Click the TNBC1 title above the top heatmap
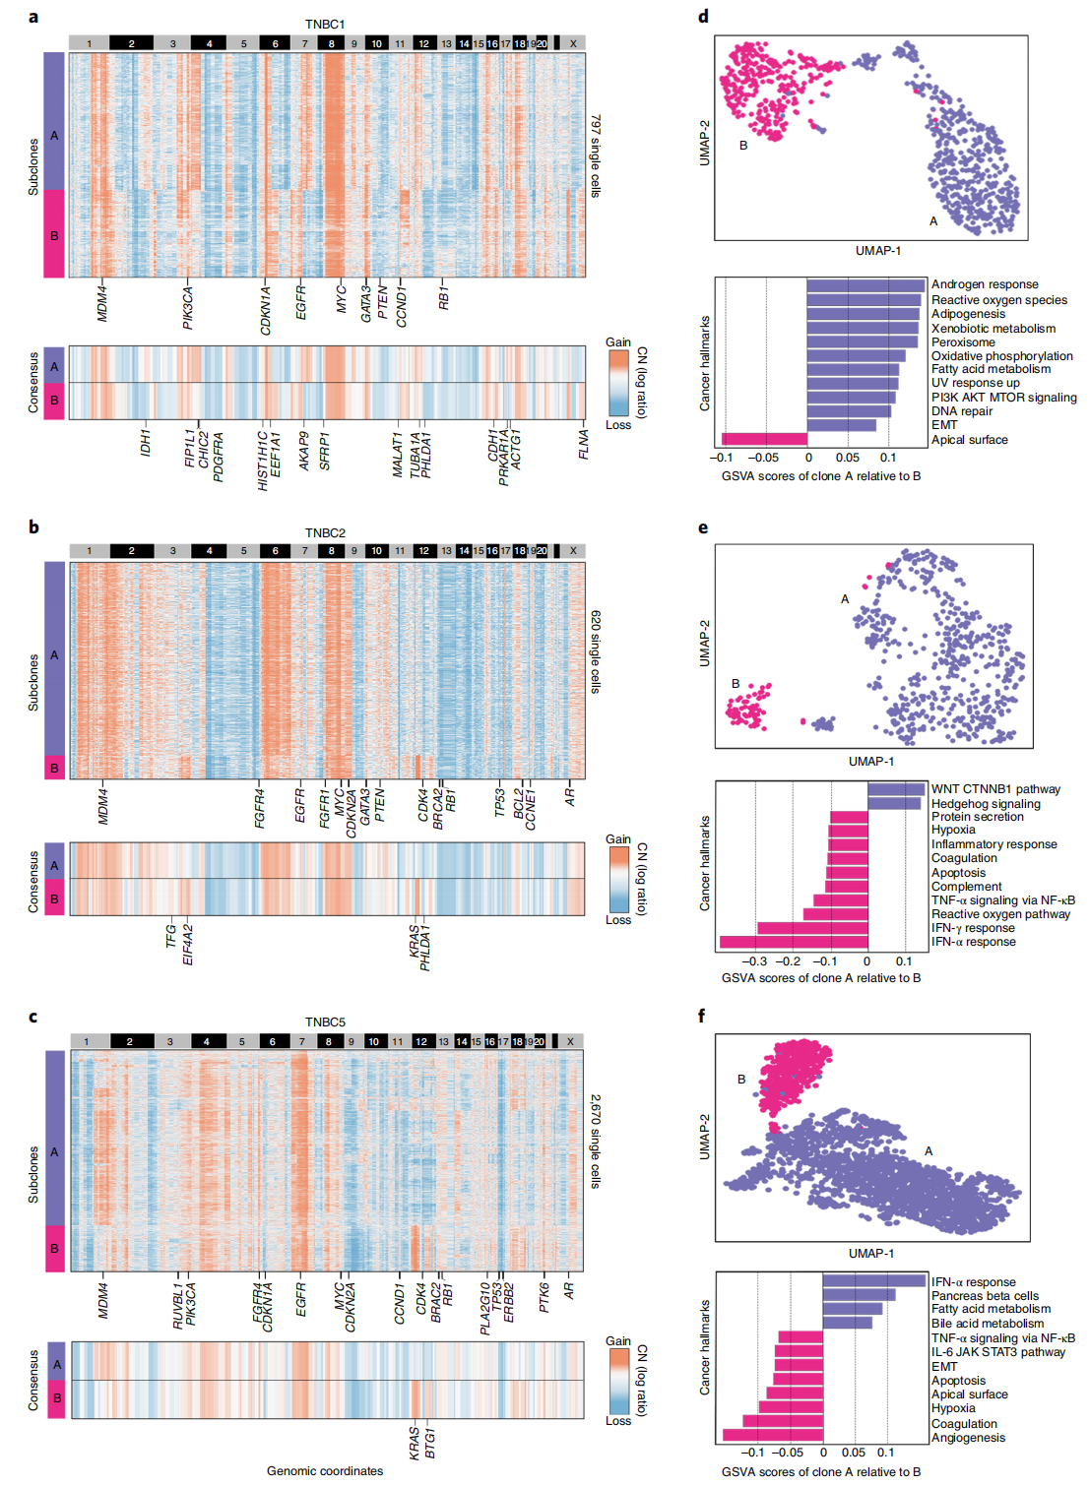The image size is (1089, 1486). point(325,24)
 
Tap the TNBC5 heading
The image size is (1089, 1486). point(325,1022)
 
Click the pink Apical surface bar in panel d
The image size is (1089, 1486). point(764,439)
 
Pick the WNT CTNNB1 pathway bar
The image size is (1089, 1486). point(896,789)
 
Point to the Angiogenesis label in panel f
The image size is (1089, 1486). point(968,1438)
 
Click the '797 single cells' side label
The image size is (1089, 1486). point(596,155)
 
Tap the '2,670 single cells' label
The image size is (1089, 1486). point(596,1141)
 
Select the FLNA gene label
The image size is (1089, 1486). point(584,444)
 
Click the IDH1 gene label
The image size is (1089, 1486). point(146,442)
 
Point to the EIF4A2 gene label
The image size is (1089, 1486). point(188,944)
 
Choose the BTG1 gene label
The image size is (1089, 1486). point(429,1443)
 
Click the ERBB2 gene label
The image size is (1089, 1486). point(509,1302)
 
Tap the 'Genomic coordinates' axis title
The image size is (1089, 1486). point(325,1471)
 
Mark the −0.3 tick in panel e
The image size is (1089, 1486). point(755,961)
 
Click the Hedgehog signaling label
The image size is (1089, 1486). point(986,804)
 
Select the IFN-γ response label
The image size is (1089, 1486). point(973,928)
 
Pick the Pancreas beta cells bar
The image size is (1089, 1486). point(859,1295)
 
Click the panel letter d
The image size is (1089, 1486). point(703,17)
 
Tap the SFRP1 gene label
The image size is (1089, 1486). point(325,451)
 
